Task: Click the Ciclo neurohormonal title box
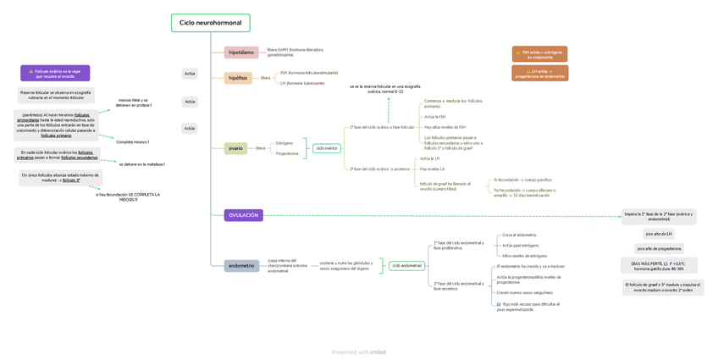(x=210, y=23)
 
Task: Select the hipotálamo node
(x=241, y=53)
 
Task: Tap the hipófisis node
(x=238, y=78)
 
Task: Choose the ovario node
(x=235, y=148)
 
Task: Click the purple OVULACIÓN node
(x=243, y=215)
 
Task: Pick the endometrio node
(x=241, y=266)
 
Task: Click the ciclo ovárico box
(x=326, y=148)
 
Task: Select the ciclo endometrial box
(x=406, y=266)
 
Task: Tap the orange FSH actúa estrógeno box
(x=540, y=54)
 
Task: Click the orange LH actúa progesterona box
(x=540, y=74)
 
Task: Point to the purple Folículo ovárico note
(x=55, y=74)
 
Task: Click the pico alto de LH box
(x=659, y=234)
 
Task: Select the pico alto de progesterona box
(x=659, y=249)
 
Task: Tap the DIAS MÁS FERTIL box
(x=659, y=266)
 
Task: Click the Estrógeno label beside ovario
(x=284, y=143)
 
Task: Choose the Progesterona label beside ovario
(x=287, y=153)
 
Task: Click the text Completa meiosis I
(x=133, y=142)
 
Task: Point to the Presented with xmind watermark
(x=359, y=352)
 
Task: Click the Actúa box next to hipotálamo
(x=190, y=74)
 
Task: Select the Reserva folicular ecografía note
(x=56, y=95)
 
